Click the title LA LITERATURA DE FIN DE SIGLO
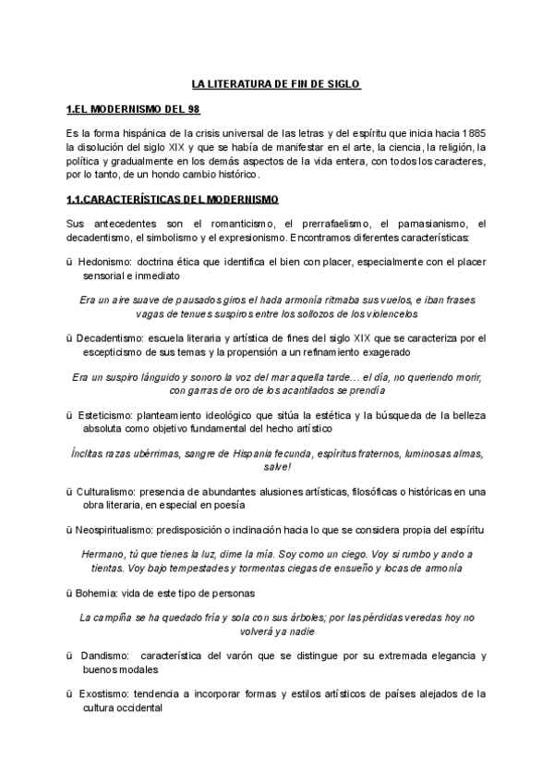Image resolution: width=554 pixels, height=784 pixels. click(x=276, y=84)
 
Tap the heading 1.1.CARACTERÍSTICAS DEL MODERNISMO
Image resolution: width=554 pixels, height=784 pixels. click(x=173, y=200)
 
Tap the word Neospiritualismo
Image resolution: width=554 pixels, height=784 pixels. click(x=122, y=530)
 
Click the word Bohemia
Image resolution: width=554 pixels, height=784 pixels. click(x=98, y=593)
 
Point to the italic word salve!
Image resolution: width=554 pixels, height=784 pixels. click(x=277, y=467)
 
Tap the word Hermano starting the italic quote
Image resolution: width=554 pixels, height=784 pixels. click(x=104, y=554)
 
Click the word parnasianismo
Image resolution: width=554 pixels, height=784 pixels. click(x=421, y=225)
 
